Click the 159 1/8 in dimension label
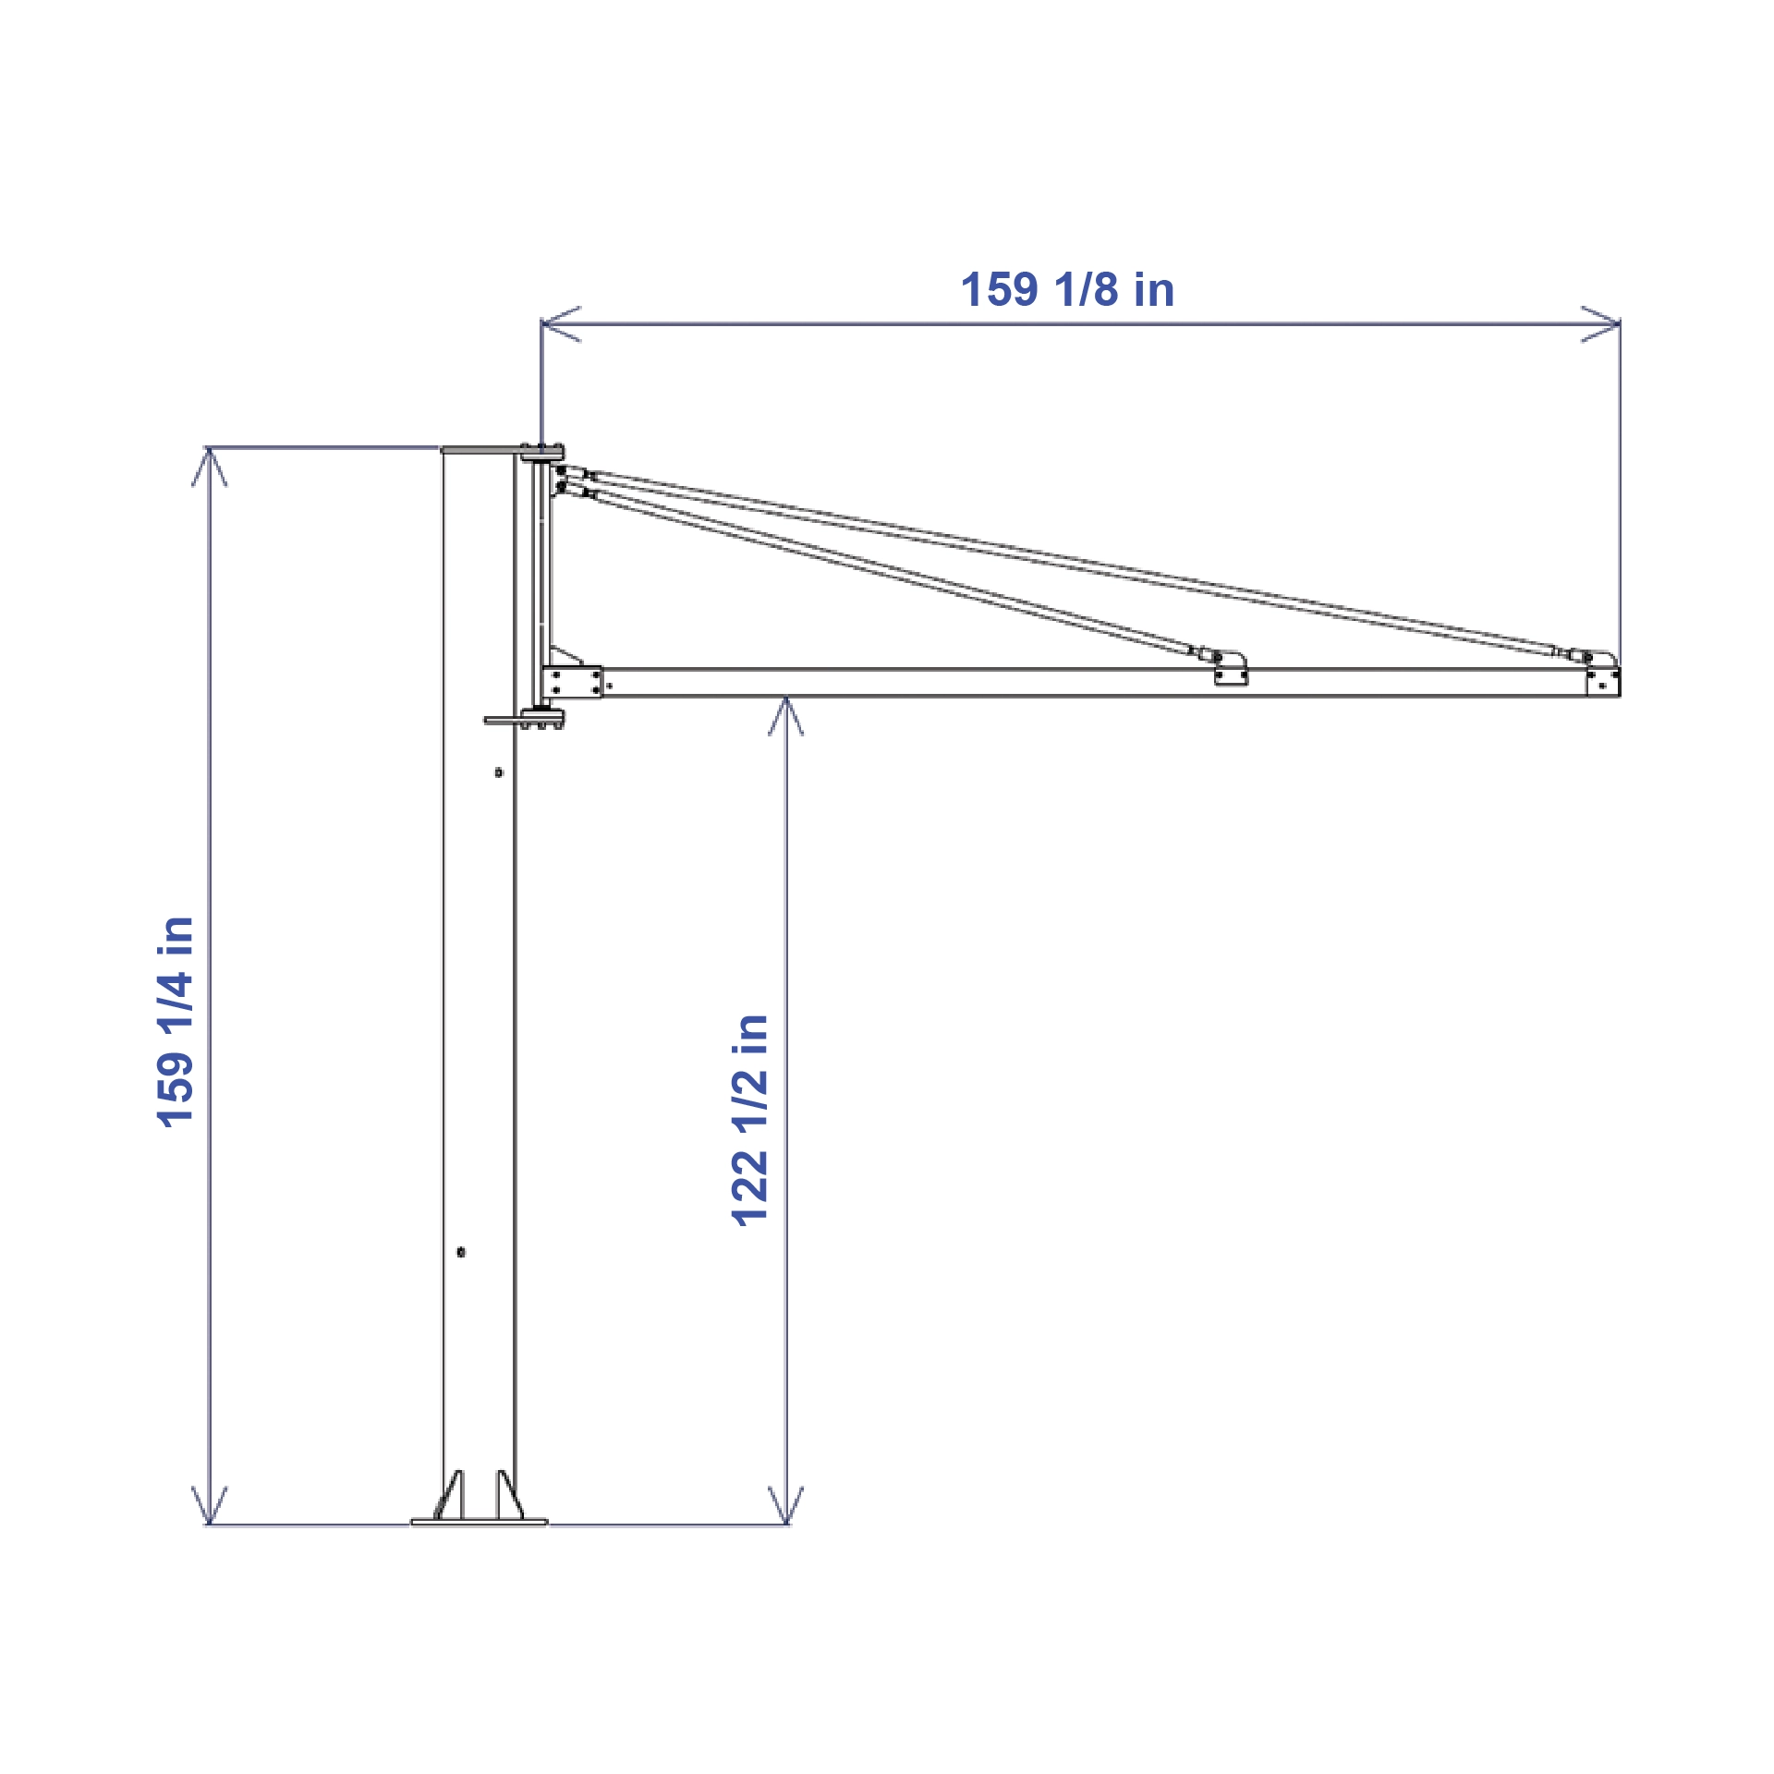point(1067,289)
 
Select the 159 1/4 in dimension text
point(176,1022)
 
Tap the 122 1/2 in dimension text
point(749,1120)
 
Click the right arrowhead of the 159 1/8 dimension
point(1601,324)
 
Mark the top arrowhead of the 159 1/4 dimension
point(210,467)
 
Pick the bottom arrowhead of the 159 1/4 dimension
point(210,1505)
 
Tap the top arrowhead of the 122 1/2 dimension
point(785,716)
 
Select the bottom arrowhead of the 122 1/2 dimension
point(785,1505)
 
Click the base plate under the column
point(479,1522)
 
